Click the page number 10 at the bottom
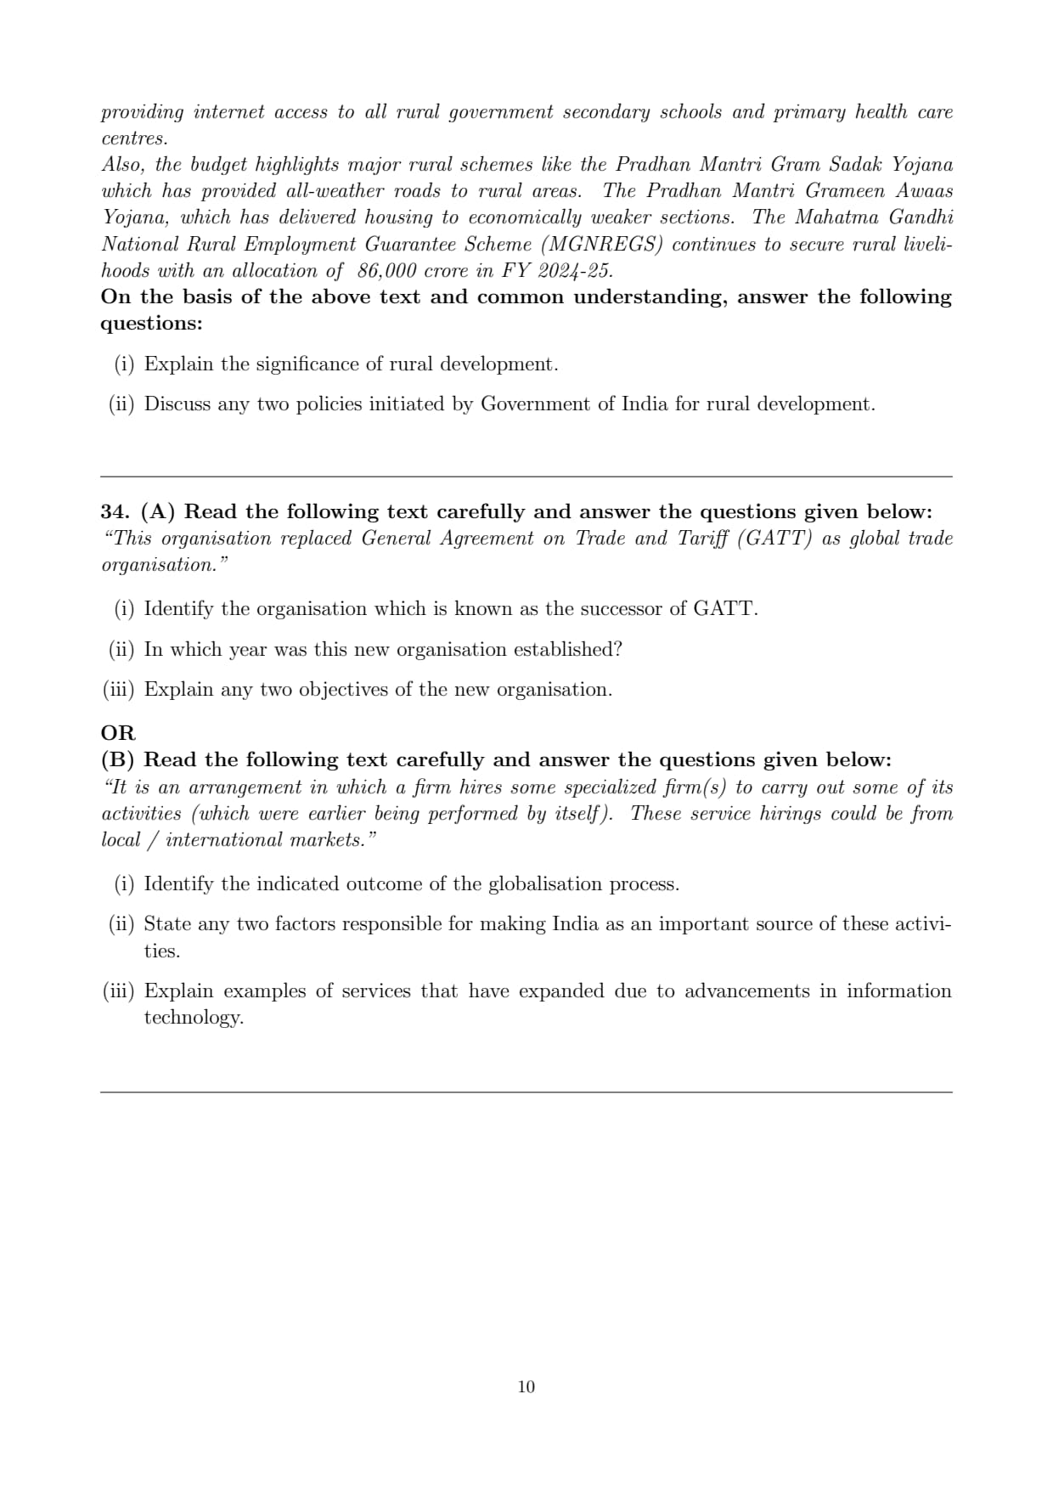[x=526, y=1386]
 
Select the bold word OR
[x=117, y=732]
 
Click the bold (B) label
[x=117, y=759]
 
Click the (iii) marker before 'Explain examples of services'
[x=118, y=991]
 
